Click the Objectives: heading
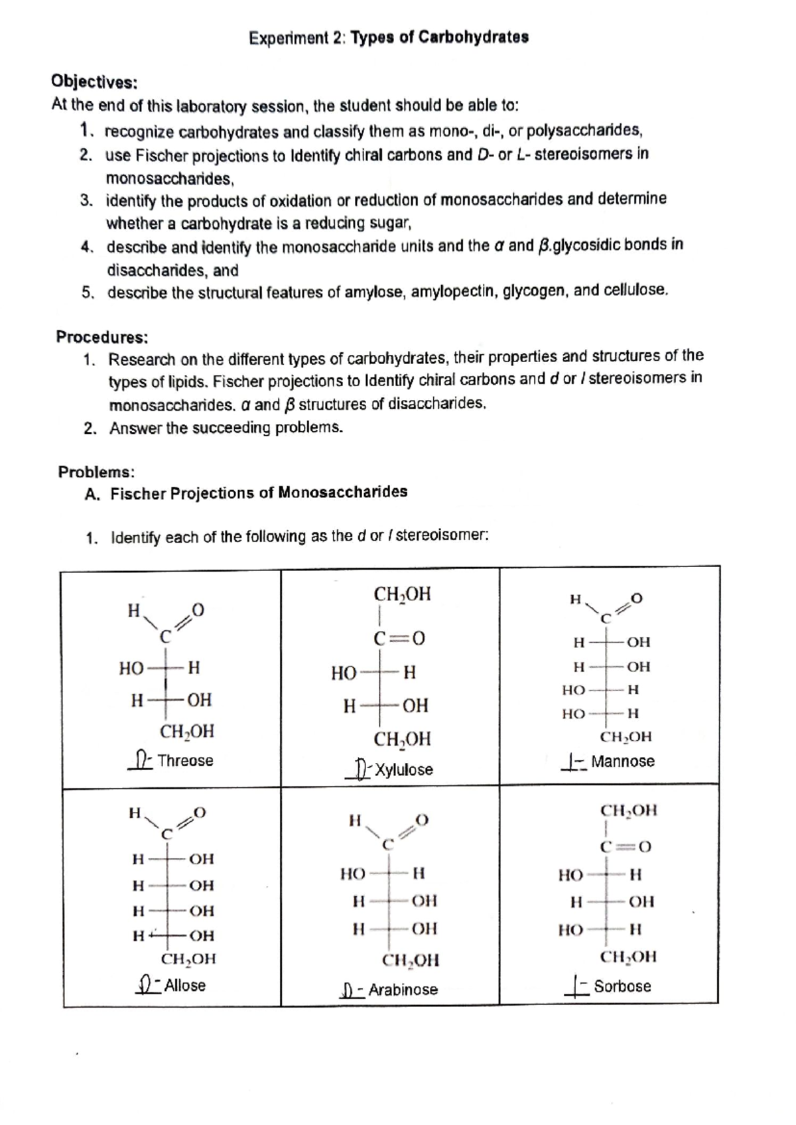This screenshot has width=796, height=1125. point(94,82)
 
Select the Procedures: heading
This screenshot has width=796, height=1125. point(101,337)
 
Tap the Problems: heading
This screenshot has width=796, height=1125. point(96,472)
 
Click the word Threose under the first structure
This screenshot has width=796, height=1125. point(185,761)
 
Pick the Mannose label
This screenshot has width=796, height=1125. point(622,761)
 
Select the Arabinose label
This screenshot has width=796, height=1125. point(403,990)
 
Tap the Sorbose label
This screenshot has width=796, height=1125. point(622,986)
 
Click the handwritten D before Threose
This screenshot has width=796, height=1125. point(141,760)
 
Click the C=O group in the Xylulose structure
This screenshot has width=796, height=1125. point(399,639)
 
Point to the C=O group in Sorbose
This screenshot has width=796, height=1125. point(626,847)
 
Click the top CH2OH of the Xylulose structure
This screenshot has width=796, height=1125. point(402,594)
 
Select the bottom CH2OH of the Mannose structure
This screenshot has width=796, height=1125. point(626,737)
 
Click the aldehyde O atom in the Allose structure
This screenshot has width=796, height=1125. point(200,813)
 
